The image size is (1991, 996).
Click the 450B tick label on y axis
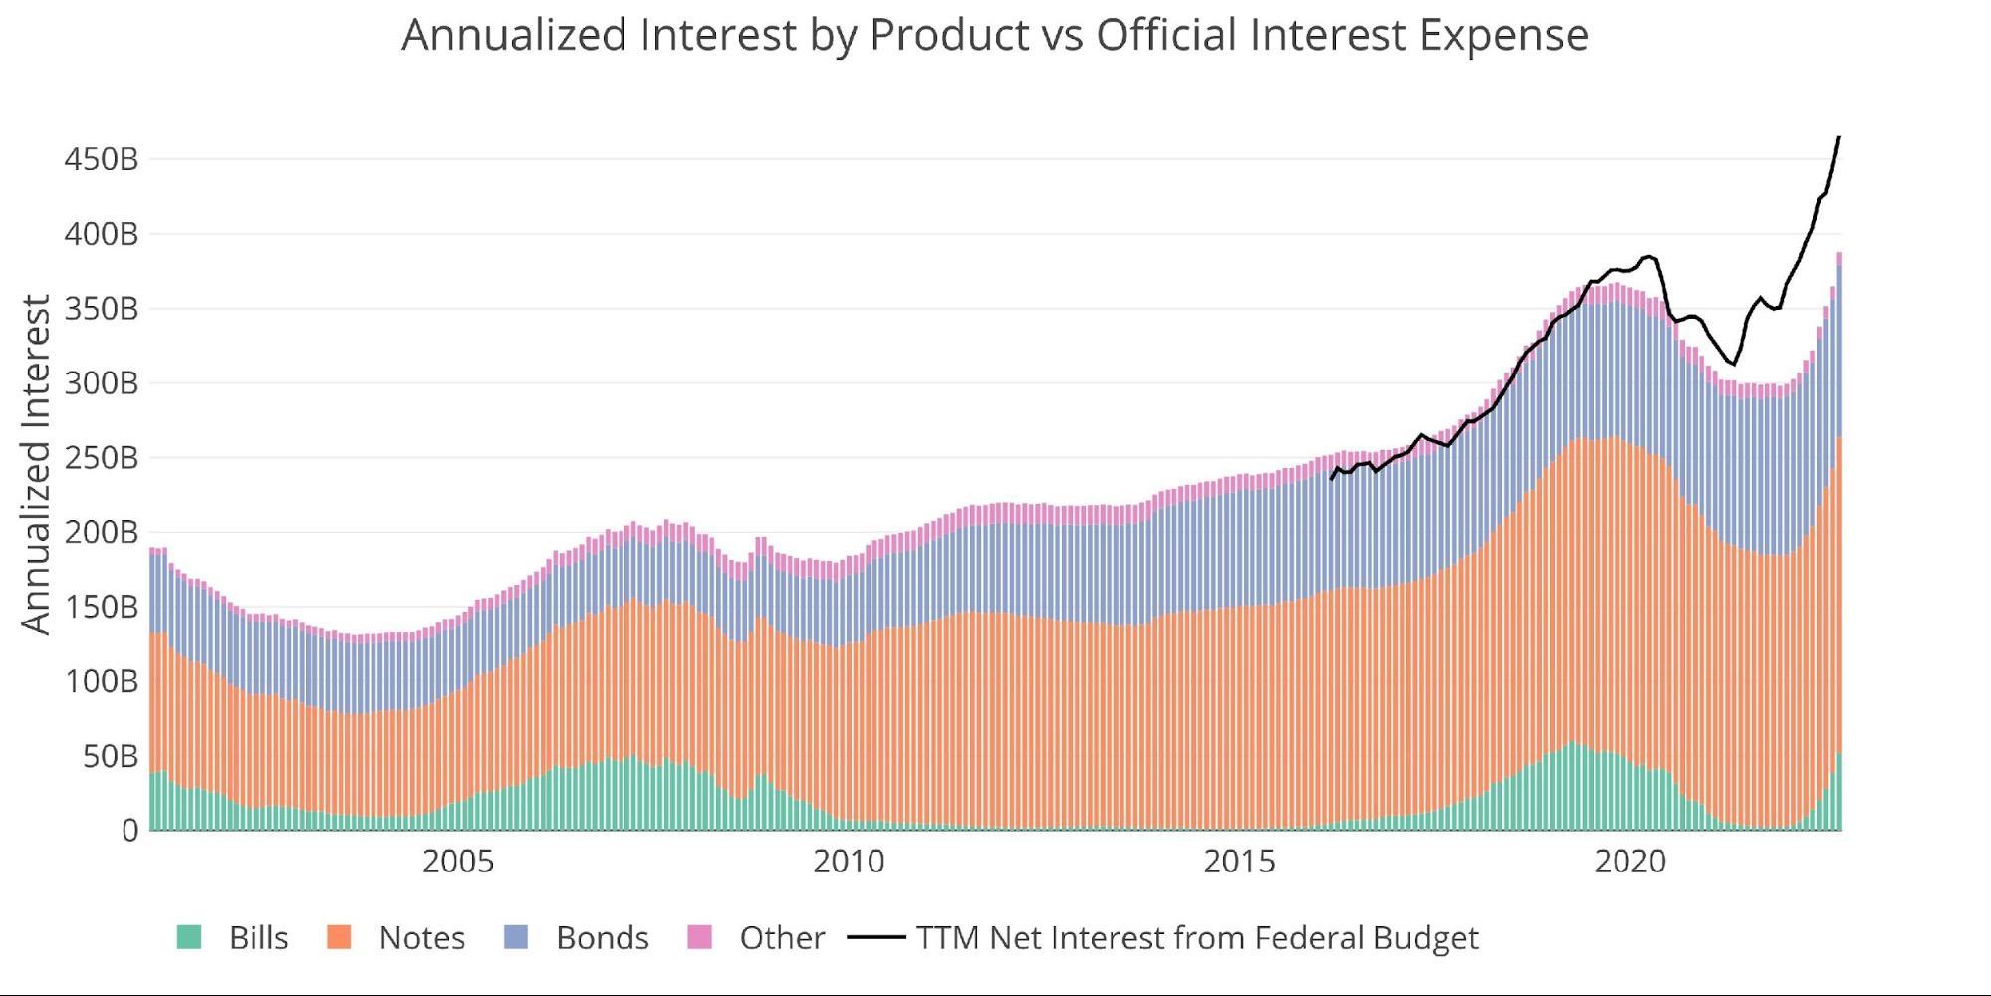[x=101, y=159]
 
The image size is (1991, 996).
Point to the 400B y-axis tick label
[x=101, y=235]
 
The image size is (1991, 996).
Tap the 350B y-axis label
[x=101, y=309]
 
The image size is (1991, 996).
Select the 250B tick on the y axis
[x=101, y=458]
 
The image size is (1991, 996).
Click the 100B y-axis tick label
[x=101, y=682]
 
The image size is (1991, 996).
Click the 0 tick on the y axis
[x=130, y=831]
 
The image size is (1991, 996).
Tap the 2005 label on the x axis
[x=457, y=862]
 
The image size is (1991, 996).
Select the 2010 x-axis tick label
[x=849, y=862]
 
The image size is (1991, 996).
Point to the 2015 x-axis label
[x=1239, y=862]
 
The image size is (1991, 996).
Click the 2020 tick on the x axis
[x=1629, y=862]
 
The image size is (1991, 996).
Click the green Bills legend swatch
[x=189, y=937]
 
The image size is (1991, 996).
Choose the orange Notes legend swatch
[x=339, y=937]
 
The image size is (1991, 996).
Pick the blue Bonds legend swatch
[x=516, y=937]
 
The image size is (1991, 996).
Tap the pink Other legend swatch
[x=700, y=937]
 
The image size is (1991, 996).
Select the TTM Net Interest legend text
[x=1197, y=938]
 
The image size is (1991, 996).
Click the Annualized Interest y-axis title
[x=36, y=464]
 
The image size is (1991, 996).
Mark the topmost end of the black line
[x=1838, y=137]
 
